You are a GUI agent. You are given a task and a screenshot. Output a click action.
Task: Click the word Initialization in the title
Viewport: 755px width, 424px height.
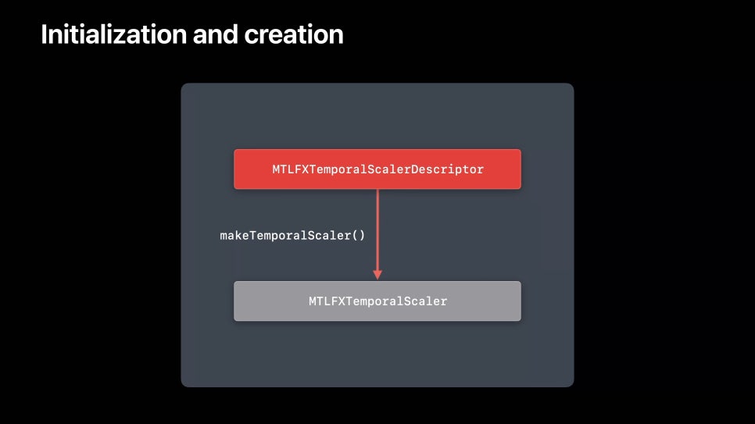pyautogui.click(x=113, y=34)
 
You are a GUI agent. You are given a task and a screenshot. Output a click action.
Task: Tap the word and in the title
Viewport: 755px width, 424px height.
pyautogui.click(x=215, y=34)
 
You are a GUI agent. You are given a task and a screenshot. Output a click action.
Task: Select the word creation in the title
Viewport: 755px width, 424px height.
pyautogui.click(x=294, y=34)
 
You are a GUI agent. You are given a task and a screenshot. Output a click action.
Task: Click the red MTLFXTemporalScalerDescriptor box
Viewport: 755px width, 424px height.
pyautogui.click(x=377, y=169)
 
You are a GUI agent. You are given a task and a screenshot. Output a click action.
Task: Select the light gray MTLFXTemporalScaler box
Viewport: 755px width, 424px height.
pyautogui.click(x=377, y=301)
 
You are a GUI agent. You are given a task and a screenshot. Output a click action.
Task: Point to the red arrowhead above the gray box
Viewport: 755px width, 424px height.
pyautogui.click(x=377, y=274)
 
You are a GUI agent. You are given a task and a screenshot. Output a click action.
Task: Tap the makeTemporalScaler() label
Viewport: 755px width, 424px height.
pyautogui.click(x=292, y=235)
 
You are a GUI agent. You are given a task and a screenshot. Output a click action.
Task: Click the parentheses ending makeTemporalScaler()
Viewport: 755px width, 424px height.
pyautogui.click(x=359, y=235)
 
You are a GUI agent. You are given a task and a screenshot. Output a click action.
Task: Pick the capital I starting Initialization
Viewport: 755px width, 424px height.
pyautogui.click(x=44, y=34)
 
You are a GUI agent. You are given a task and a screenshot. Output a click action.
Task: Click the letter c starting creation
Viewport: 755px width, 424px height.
pyautogui.click(x=250, y=37)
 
